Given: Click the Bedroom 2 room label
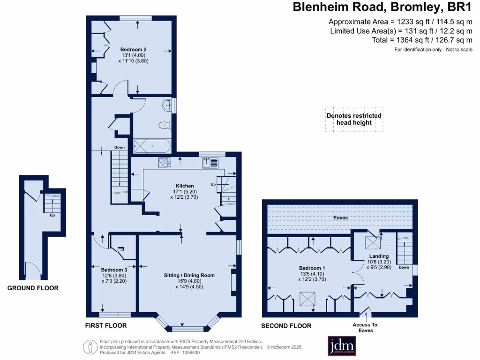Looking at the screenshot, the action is click(x=133, y=49).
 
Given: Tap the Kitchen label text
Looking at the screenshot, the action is click(x=185, y=186).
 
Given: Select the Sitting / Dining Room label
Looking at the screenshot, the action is click(x=189, y=275).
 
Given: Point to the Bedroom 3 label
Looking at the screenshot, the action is click(x=114, y=270).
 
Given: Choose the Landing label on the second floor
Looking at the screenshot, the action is click(x=379, y=256).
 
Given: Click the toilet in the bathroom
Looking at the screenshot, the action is click(x=165, y=125).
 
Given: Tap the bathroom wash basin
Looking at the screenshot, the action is click(x=167, y=105).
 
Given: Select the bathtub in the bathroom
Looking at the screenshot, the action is click(x=152, y=146).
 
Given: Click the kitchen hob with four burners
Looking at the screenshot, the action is click(x=165, y=163).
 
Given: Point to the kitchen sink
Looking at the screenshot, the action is click(x=210, y=163).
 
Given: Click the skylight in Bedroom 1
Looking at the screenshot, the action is click(x=307, y=299).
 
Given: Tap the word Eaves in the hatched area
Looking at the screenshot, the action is click(x=340, y=217).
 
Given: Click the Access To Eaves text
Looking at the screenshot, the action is click(x=365, y=328).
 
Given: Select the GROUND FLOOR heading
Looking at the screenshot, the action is click(x=33, y=288).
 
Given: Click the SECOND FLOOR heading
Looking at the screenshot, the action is click(x=286, y=326).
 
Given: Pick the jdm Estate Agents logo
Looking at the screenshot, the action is click(x=342, y=346).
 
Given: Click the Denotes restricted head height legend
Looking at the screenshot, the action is click(x=354, y=119).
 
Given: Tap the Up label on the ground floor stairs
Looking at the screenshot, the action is click(x=52, y=215).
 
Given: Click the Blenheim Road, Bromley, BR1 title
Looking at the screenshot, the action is click(x=382, y=7).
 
